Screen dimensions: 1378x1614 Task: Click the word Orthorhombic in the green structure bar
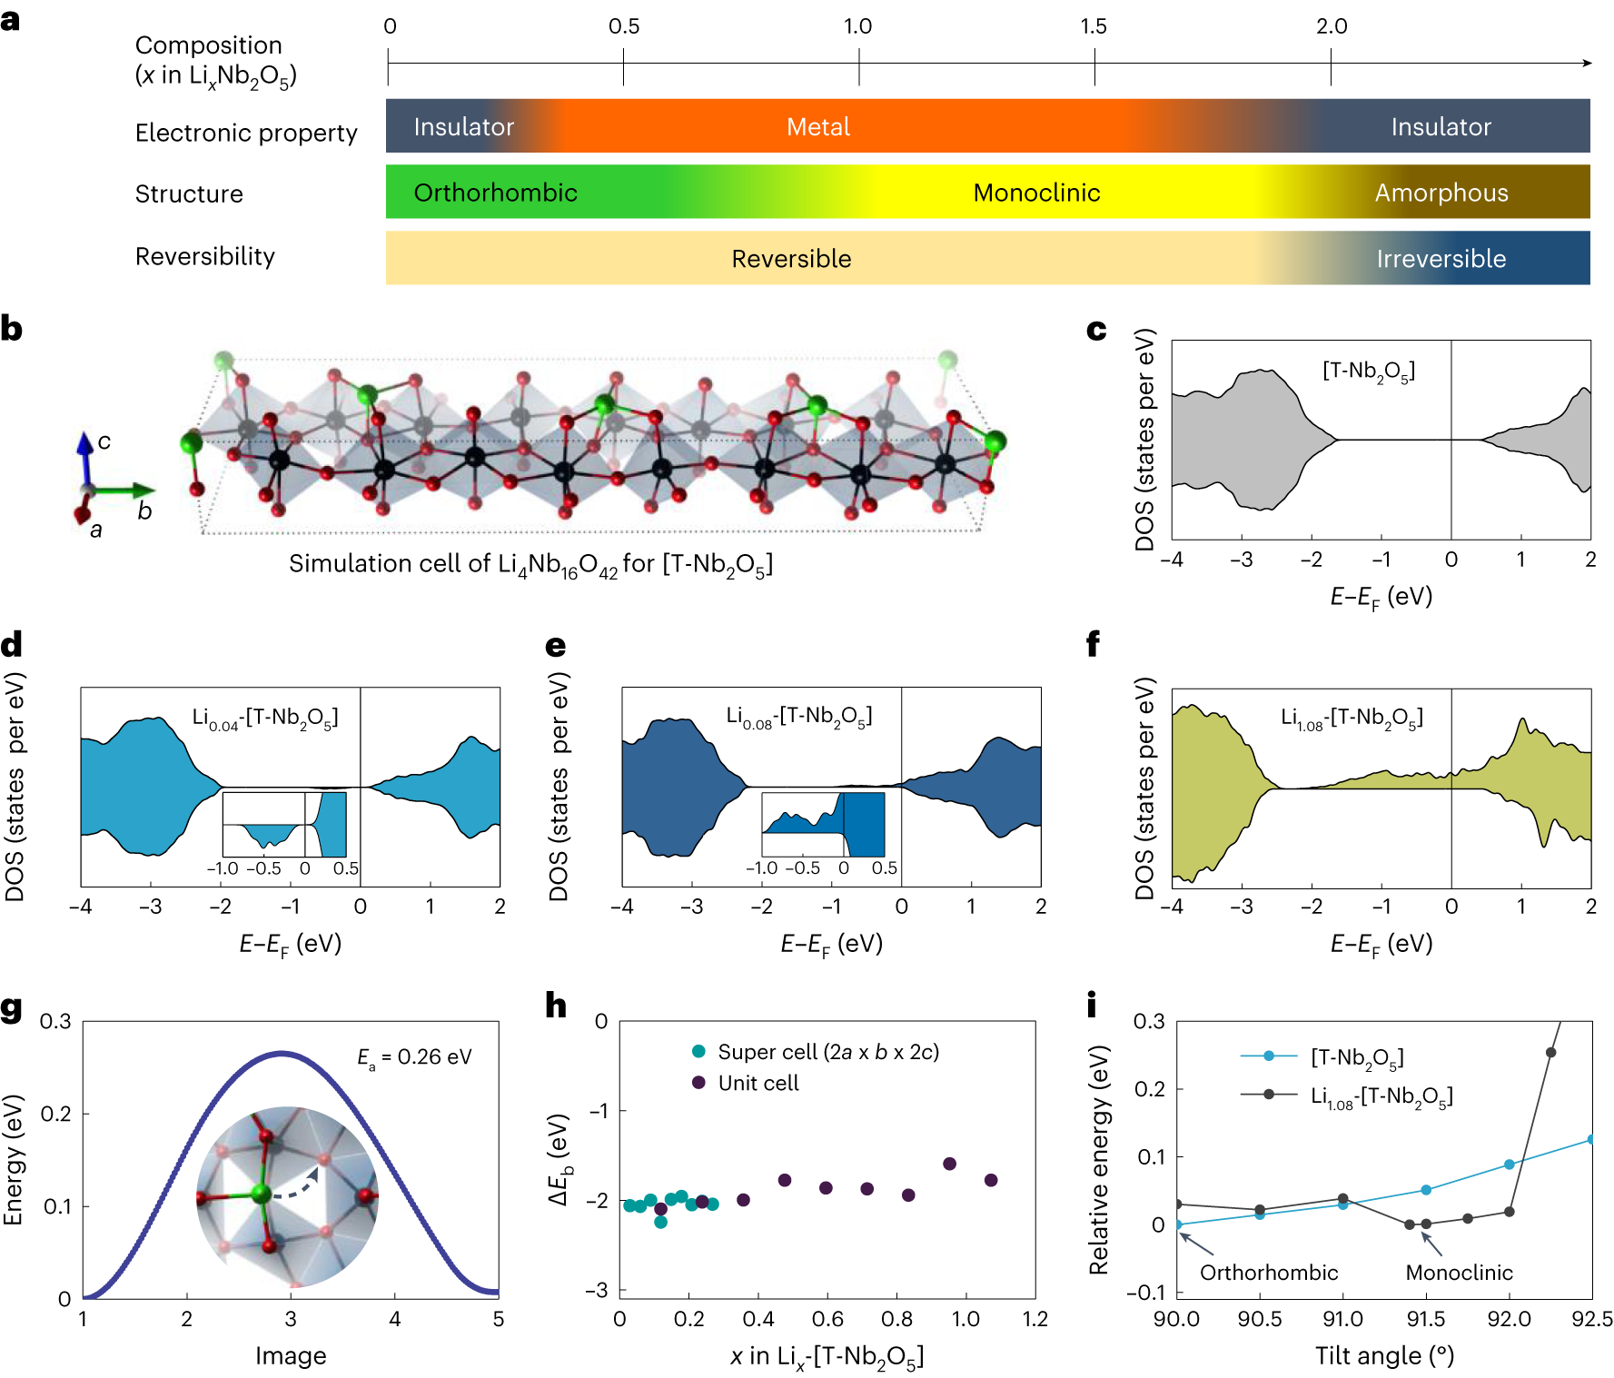point(495,193)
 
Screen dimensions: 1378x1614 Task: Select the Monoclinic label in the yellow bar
point(1036,193)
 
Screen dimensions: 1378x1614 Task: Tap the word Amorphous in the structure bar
point(1441,193)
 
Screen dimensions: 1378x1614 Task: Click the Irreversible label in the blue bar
point(1441,259)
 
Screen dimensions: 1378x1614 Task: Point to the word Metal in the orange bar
point(817,127)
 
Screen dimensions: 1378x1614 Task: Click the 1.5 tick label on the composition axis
point(1094,26)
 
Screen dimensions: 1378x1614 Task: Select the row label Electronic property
point(246,133)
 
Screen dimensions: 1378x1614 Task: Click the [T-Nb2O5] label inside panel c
point(1368,371)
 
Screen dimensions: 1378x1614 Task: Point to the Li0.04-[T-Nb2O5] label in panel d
point(264,719)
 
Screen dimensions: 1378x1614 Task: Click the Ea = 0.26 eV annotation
point(414,1057)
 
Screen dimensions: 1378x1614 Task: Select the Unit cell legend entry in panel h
point(757,1083)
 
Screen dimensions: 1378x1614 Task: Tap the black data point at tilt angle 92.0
point(1510,1212)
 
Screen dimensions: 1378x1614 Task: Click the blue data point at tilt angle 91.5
point(1426,1190)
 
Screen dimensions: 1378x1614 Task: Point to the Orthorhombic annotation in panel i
point(1269,1273)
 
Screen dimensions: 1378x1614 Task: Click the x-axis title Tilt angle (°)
point(1384,1356)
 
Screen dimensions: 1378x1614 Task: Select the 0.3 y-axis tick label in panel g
point(55,1022)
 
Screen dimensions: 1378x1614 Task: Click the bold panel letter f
point(1093,645)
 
